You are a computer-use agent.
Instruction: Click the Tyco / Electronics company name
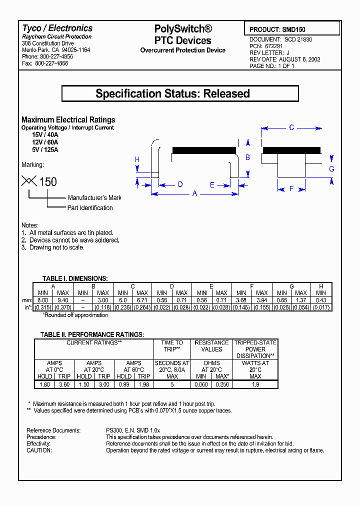click(57, 28)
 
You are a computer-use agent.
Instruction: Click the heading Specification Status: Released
click(180, 93)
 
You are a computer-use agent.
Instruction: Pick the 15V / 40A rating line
click(45, 135)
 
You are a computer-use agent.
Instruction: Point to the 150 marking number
click(48, 182)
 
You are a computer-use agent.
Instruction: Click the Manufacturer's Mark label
click(94, 197)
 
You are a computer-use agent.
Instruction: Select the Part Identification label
click(90, 208)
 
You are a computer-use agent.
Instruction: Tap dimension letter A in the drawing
click(195, 194)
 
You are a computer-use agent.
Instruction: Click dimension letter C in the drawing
click(291, 128)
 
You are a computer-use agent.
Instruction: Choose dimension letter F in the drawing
click(291, 188)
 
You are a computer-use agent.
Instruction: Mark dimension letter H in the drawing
click(137, 159)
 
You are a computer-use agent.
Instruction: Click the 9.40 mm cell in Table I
click(63, 300)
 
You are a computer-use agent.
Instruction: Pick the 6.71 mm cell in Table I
click(142, 300)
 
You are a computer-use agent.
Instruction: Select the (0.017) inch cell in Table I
click(321, 307)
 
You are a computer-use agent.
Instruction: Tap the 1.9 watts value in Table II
click(255, 384)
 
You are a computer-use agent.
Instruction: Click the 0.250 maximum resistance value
click(221, 384)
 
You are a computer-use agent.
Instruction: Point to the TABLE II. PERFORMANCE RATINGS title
click(92, 334)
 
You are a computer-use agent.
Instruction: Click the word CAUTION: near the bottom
click(39, 450)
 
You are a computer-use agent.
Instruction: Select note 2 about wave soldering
click(70, 240)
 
